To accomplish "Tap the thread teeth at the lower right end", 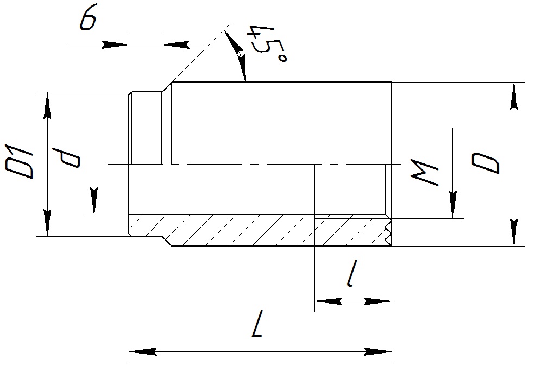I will (x=388, y=231).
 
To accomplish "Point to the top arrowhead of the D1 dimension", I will (x=48, y=104).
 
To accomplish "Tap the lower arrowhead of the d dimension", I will (x=94, y=202).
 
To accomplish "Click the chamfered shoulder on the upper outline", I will (x=167, y=87).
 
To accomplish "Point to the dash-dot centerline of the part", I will (x=244, y=163).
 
